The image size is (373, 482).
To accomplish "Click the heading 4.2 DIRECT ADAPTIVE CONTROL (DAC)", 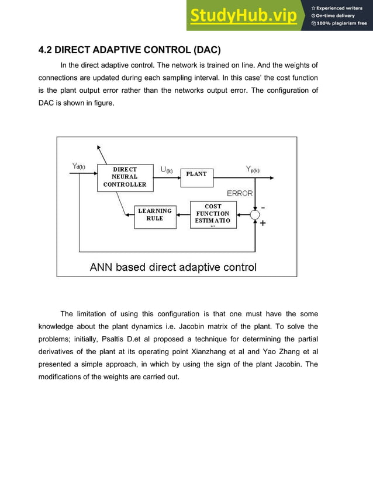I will click(129, 50).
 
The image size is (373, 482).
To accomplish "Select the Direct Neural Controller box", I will click(125, 176).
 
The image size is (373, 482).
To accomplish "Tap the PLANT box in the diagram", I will click(196, 174).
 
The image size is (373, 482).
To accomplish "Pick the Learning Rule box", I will click(154, 215).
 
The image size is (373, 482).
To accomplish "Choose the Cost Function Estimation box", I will click(213, 214).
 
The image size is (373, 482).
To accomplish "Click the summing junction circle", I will click(255, 215).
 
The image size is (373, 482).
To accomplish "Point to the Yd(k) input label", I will click(79, 166).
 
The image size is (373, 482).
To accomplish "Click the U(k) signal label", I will click(167, 170).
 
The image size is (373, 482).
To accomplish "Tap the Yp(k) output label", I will click(252, 170).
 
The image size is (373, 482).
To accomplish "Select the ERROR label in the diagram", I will click(240, 193).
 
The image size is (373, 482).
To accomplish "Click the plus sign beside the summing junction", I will click(263, 223).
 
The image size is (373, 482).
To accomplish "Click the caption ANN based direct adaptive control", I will click(173, 268).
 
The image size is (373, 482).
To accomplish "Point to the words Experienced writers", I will click(341, 8).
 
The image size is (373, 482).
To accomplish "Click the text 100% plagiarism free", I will click(341, 23).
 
